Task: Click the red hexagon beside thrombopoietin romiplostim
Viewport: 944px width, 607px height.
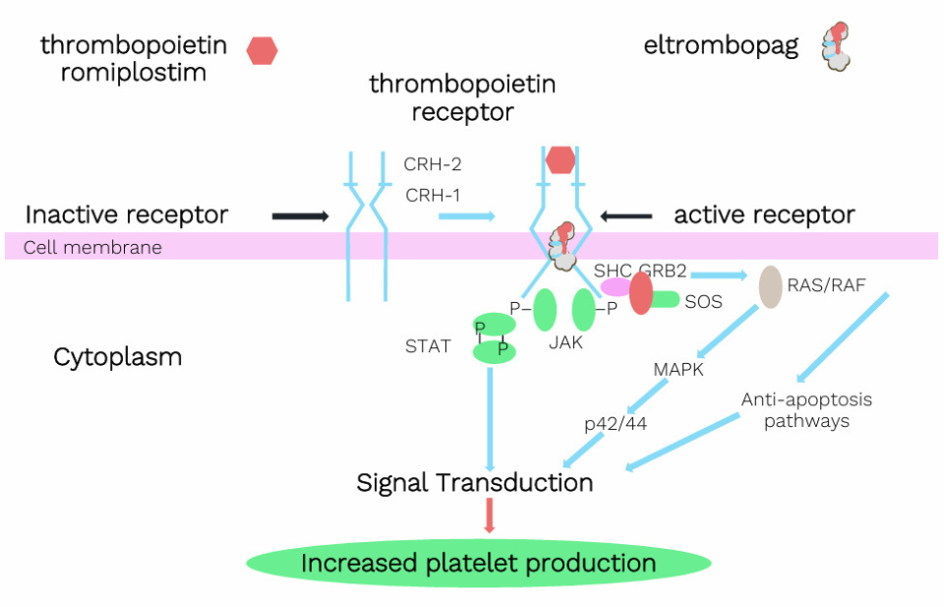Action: point(262,50)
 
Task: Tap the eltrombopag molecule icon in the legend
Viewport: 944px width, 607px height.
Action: point(836,46)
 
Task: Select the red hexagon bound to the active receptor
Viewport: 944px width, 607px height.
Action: point(560,159)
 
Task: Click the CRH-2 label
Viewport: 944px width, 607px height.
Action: point(432,164)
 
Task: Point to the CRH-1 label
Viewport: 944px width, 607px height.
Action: point(432,195)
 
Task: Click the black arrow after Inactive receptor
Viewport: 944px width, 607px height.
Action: point(300,215)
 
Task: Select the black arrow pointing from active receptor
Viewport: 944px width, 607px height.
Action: point(626,215)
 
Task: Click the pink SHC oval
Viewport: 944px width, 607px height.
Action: point(616,286)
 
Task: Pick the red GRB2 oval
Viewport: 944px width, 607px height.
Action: point(641,293)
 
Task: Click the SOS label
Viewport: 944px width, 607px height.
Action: point(703,302)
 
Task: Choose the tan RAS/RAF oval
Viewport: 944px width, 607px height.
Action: point(771,286)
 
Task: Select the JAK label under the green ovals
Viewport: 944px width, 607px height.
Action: point(566,342)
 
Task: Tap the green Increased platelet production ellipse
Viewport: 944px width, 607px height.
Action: point(478,564)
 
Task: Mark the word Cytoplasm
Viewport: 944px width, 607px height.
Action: point(117,357)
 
